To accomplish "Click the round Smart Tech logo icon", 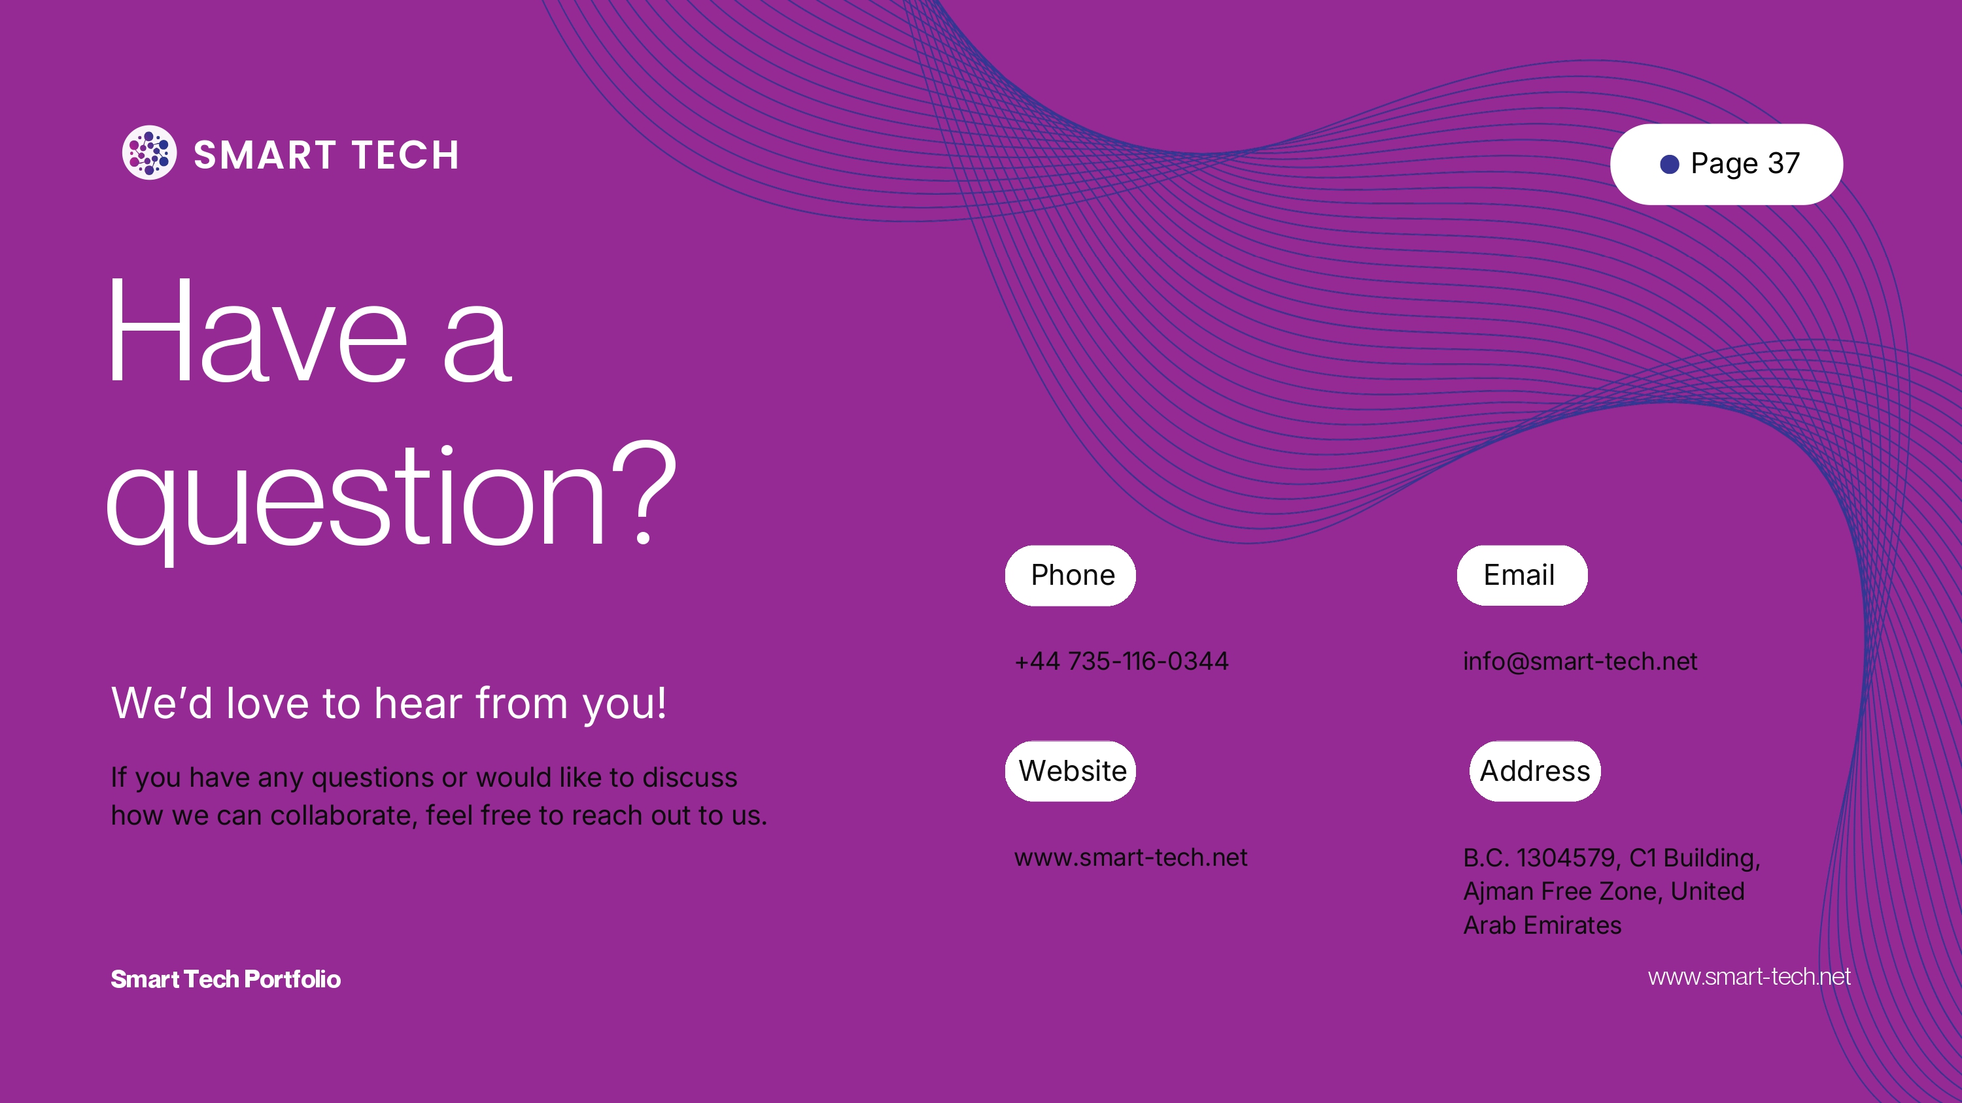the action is click(149, 152).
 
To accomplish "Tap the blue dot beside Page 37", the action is click(1670, 165).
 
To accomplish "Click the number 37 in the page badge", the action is click(1783, 163).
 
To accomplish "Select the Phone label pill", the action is click(1070, 576).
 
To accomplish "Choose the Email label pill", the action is click(1523, 576).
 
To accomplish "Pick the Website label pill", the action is click(1070, 771).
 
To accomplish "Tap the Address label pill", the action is click(1535, 771).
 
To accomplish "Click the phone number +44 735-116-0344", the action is click(1121, 661).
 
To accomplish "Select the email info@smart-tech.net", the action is click(1579, 661).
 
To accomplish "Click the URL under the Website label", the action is click(1130, 857).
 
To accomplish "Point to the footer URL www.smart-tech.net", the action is click(1749, 977).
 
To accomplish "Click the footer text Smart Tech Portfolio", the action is click(226, 979).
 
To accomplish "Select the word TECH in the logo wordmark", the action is click(405, 156).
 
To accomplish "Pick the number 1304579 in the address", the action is click(1566, 858).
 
